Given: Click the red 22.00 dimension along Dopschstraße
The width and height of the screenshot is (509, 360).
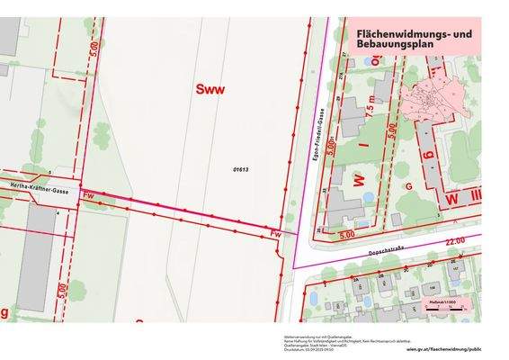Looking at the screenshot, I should pos(453,241).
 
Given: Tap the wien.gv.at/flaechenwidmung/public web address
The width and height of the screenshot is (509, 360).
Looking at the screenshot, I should pos(442,345).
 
